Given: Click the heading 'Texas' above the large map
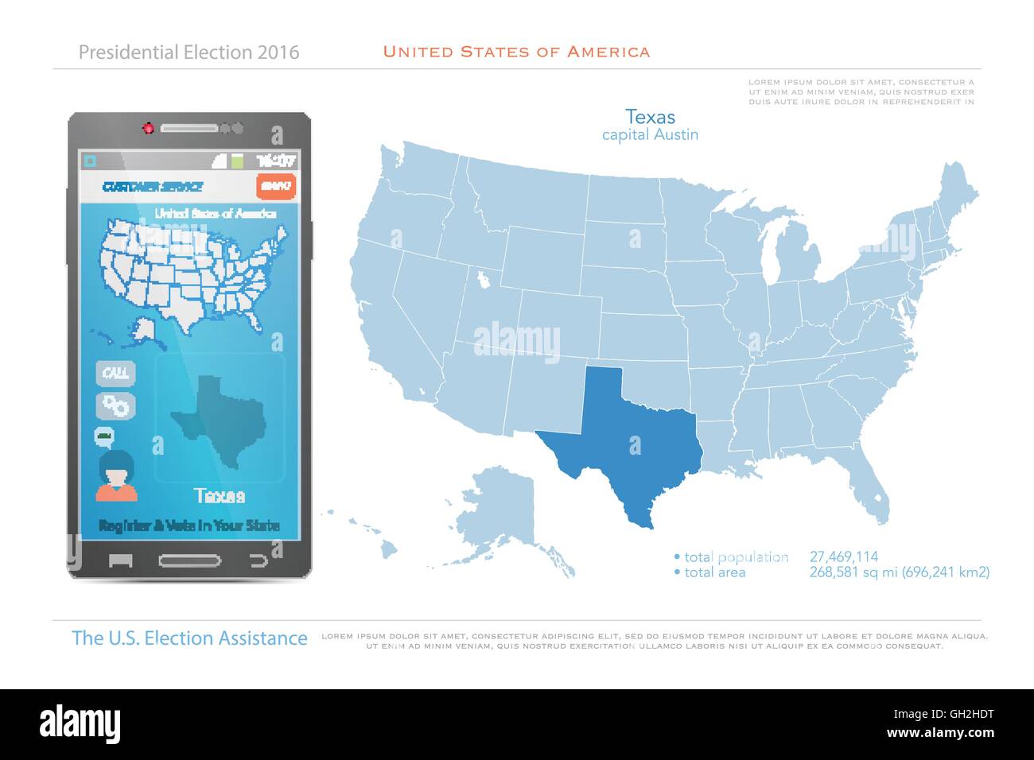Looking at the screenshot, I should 650,116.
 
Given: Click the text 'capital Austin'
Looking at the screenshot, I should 650,134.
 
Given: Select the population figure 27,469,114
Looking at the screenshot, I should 843,557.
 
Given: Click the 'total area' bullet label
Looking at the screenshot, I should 714,572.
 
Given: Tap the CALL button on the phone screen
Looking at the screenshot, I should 116,373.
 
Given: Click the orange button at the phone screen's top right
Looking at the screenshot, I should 276,186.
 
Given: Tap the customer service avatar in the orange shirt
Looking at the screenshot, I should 116,475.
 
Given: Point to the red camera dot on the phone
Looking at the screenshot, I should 148,127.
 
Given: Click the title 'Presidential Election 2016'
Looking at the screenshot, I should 189,52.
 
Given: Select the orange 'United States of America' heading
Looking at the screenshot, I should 516,52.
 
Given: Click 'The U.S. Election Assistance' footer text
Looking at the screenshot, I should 189,638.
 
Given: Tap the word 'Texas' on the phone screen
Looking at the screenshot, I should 220,497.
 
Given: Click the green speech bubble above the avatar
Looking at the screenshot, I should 104,435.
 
